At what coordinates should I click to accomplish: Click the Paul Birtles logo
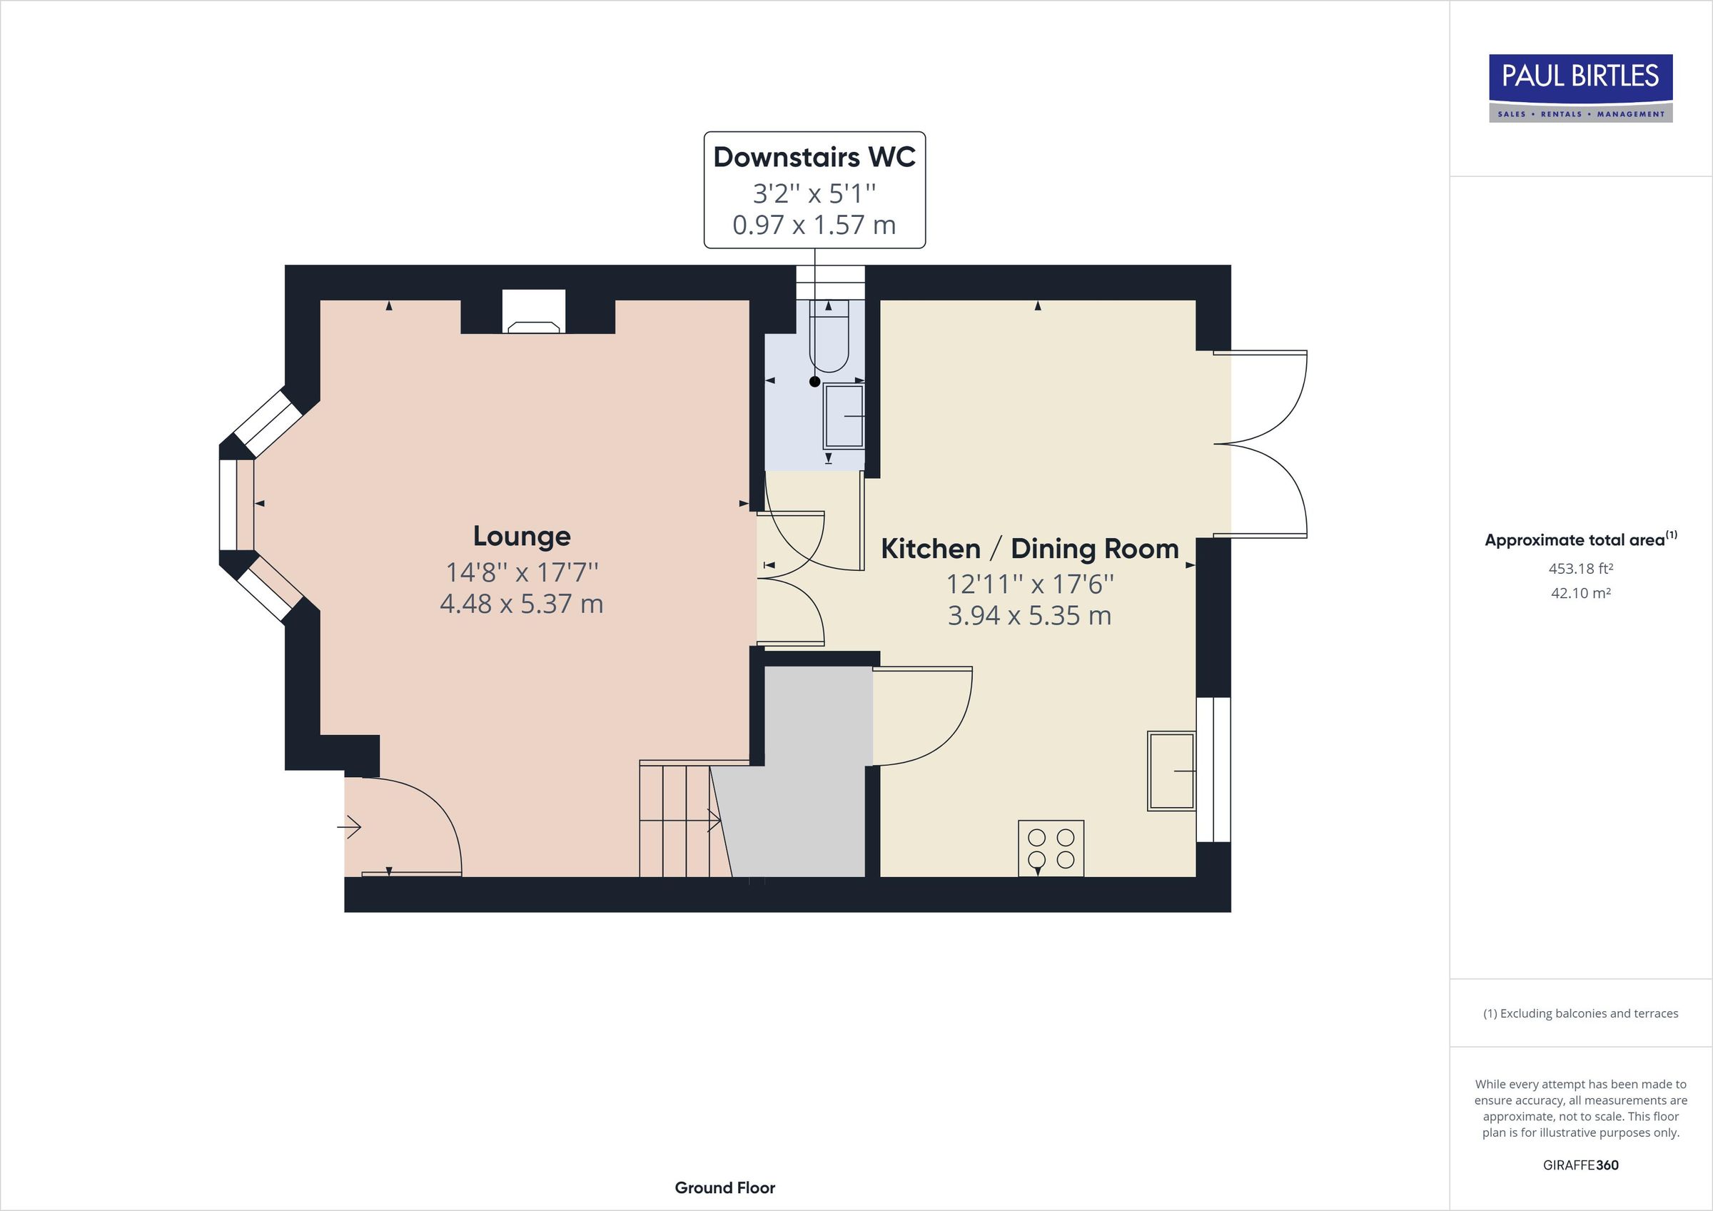coord(1580,87)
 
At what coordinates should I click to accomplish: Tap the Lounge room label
coord(522,536)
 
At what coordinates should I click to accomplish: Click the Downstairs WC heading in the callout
coord(814,158)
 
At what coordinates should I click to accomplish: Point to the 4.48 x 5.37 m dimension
coord(522,604)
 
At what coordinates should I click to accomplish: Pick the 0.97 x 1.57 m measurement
coord(814,225)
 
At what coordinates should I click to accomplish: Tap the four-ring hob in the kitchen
coord(1051,848)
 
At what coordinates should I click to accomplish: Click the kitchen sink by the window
coord(1171,771)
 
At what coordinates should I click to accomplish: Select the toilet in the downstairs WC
coord(829,340)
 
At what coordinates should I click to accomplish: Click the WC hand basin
coord(844,416)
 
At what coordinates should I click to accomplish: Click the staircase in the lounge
coord(675,821)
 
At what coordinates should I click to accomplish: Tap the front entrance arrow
coord(350,827)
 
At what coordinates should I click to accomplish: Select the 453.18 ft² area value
coord(1580,569)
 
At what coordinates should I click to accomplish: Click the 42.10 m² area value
coord(1580,593)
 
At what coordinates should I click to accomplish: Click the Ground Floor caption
coord(724,1188)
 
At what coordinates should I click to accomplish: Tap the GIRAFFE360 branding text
coord(1580,1165)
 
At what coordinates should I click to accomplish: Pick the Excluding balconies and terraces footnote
coord(1580,1013)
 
